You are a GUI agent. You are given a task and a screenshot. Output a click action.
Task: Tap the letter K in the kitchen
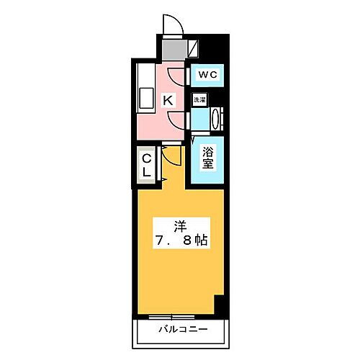(x=166, y=101)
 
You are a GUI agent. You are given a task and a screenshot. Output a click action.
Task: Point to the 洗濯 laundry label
(x=199, y=101)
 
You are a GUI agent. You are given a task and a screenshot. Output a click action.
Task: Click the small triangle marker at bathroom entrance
(x=194, y=139)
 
